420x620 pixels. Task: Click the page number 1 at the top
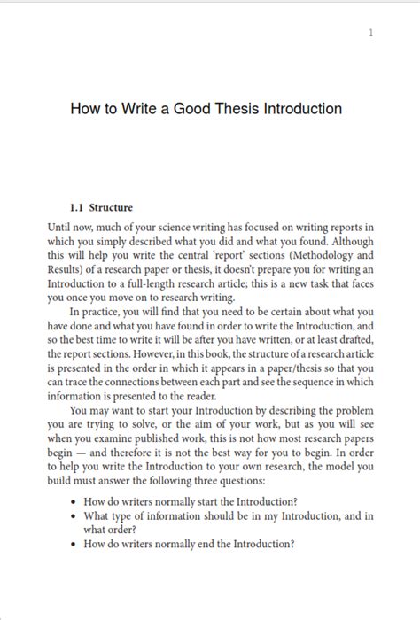371,34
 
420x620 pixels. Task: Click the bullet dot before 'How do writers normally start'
74,502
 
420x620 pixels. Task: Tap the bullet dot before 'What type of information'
74,516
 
